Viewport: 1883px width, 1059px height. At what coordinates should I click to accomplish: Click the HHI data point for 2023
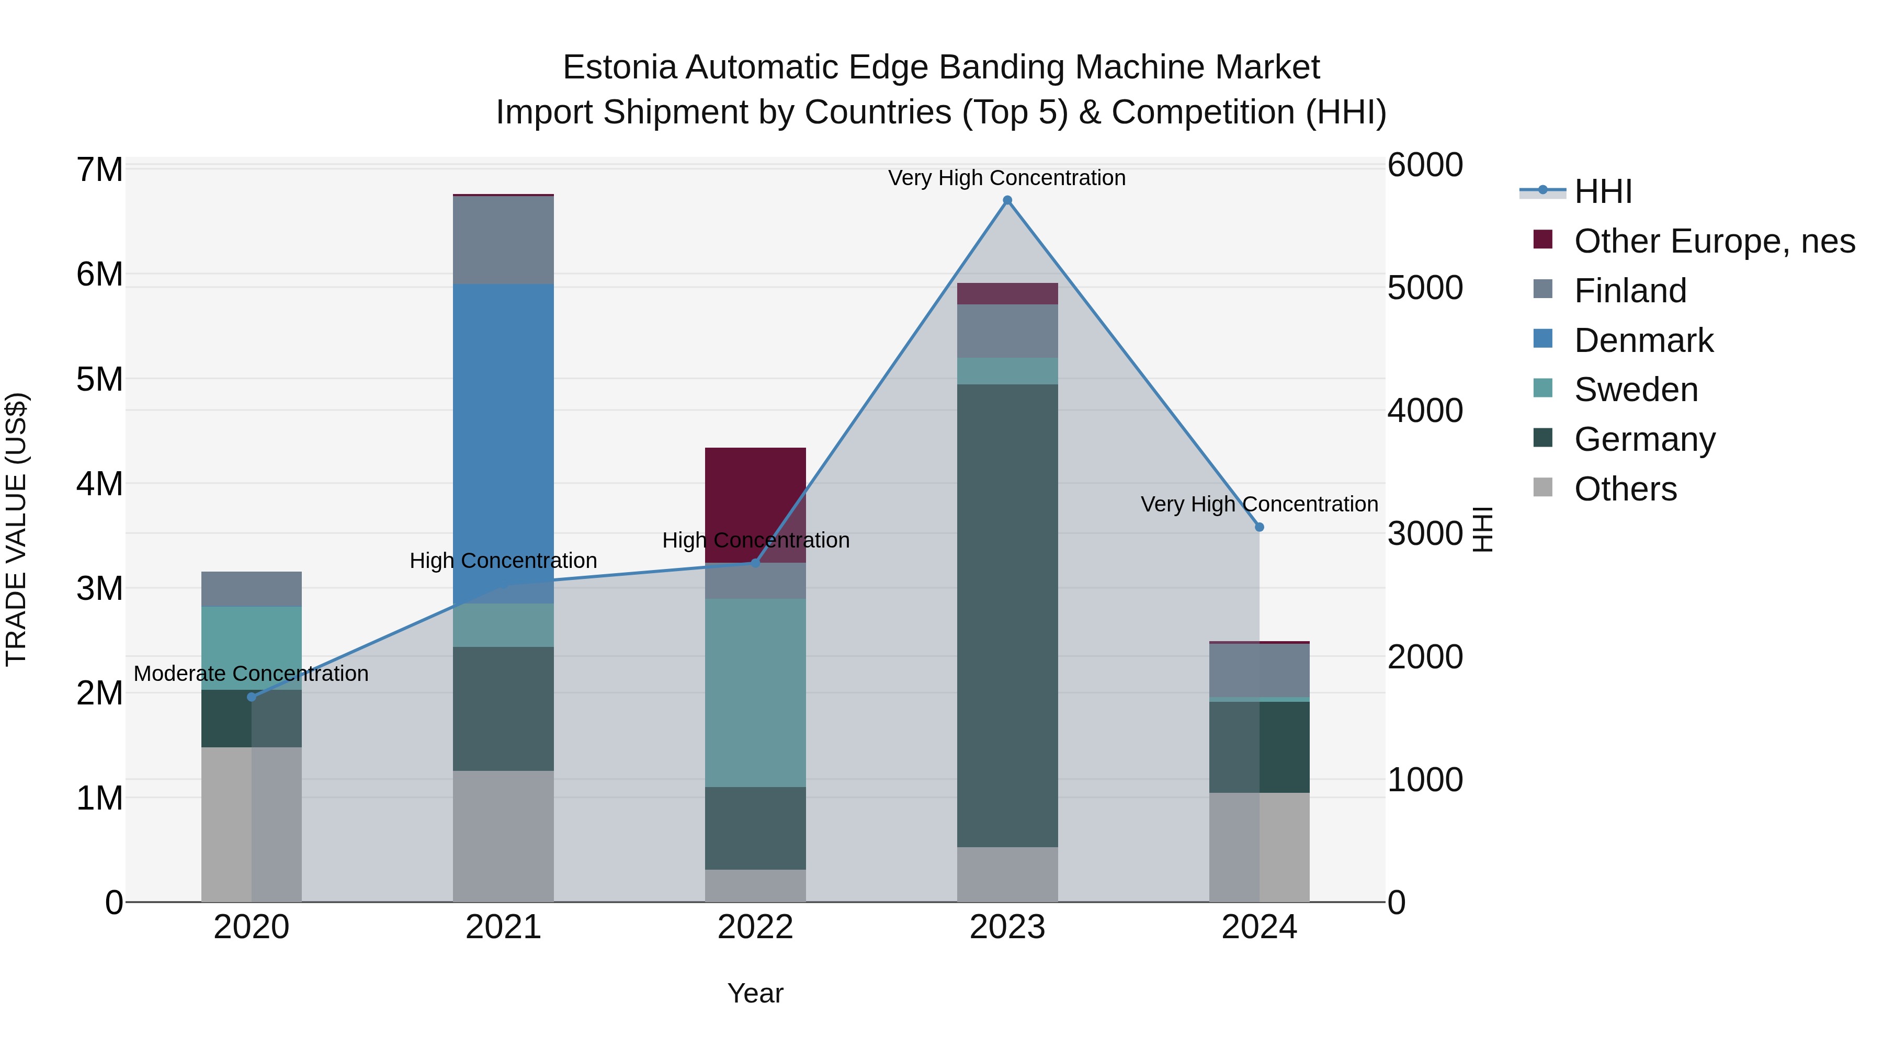point(1007,200)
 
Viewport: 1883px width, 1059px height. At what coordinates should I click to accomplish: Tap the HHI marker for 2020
point(252,697)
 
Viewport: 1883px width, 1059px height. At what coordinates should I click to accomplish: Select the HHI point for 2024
point(1259,527)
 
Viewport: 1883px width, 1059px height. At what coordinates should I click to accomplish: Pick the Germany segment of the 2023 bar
point(1007,614)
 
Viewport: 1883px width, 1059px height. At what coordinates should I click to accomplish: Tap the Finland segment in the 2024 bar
point(1259,670)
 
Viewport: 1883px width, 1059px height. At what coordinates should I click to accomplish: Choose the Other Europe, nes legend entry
point(1714,241)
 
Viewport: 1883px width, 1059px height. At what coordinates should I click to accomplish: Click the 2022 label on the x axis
point(755,927)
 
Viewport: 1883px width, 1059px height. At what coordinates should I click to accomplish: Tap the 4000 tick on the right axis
point(1425,411)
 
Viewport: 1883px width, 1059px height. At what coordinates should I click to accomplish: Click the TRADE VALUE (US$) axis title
point(16,529)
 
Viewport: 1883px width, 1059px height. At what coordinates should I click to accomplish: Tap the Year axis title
point(755,993)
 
